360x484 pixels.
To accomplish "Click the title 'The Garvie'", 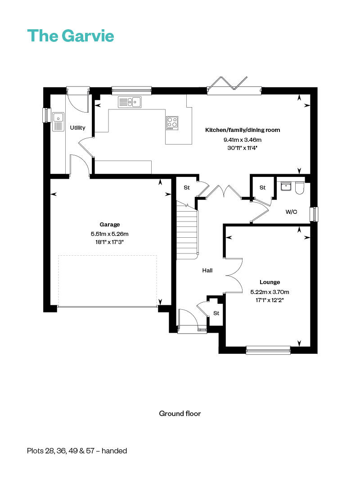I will (71, 36).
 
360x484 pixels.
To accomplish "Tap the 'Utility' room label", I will (77, 128).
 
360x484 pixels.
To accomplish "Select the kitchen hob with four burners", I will (172, 122).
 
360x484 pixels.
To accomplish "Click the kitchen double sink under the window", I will (130, 102).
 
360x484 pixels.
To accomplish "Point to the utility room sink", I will (58, 121).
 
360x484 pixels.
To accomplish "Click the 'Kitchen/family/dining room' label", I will (243, 130).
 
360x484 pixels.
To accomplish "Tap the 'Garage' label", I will (110, 224).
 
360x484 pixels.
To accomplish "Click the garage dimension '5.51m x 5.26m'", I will (110, 233).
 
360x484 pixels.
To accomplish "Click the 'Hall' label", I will (207, 271).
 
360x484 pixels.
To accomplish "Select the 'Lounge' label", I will (270, 282).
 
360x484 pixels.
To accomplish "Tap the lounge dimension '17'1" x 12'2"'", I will (270, 299).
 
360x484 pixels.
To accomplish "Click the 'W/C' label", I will (291, 212).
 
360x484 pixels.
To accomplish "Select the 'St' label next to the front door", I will (216, 313).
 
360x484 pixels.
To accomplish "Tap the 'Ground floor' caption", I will (180, 413).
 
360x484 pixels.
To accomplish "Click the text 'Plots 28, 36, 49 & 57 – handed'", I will (77, 451).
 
